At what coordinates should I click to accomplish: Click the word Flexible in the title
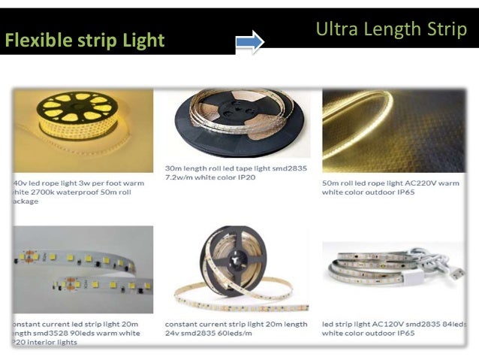pyautogui.click(x=35, y=41)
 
